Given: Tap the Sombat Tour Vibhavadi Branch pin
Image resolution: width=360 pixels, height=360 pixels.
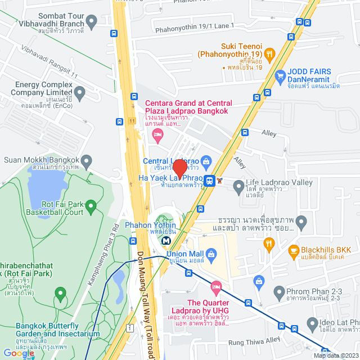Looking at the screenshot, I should tap(92, 21).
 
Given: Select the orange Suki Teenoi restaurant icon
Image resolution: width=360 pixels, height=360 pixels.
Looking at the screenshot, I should tap(269, 54).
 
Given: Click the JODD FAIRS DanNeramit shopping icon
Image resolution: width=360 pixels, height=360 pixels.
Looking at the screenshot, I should tap(280, 75).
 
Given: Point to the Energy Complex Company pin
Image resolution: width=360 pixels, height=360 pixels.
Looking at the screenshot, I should tap(79, 92).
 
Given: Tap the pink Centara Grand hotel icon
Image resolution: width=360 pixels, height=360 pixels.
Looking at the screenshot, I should tap(158, 134).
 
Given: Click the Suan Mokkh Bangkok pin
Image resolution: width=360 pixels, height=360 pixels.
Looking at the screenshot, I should tap(86, 160).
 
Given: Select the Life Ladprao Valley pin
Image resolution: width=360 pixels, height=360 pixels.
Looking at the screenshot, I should tap(238, 184).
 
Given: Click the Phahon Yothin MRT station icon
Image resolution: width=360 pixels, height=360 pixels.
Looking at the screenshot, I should tap(166, 240).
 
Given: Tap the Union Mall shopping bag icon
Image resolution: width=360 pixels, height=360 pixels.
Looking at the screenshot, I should tap(211, 255).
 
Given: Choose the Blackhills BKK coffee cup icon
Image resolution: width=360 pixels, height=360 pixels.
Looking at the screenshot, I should tap(293, 250).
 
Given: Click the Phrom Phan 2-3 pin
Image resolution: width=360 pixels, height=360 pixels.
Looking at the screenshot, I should tap(278, 291).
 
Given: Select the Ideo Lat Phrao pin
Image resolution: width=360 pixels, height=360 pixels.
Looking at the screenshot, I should tap(312, 322).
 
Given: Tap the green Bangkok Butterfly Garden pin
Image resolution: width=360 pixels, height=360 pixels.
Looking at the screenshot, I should tap(60, 293).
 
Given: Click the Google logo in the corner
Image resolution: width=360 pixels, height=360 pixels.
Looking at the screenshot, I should tap(19, 353).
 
